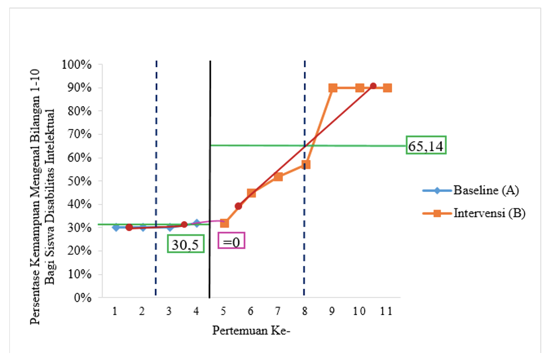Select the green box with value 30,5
pyautogui.click(x=186, y=244)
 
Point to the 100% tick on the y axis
pyautogui.click(x=81, y=64)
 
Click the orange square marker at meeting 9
pyautogui.click(x=333, y=88)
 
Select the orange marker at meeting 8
pyautogui.click(x=306, y=165)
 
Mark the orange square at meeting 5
pyautogui.click(x=224, y=223)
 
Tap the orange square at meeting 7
pyautogui.click(x=278, y=176)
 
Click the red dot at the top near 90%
pyautogui.click(x=373, y=86)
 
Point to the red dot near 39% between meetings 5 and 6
pyautogui.click(x=238, y=206)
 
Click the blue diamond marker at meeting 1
pyautogui.click(x=116, y=227)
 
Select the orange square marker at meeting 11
pyautogui.click(x=387, y=88)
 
